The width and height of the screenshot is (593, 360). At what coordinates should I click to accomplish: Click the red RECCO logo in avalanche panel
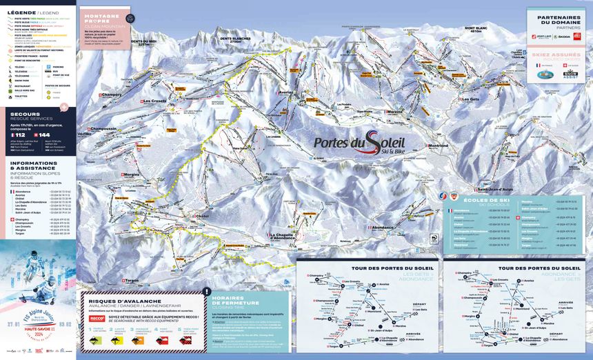click(95, 319)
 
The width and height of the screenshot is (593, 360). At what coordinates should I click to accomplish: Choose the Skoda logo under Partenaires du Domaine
click(563, 36)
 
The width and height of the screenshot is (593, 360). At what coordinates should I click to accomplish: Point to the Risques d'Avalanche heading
click(121, 301)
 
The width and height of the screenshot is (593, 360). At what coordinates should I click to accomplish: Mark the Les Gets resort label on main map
click(470, 99)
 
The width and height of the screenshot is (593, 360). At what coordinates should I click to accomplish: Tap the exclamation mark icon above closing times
click(208, 291)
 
